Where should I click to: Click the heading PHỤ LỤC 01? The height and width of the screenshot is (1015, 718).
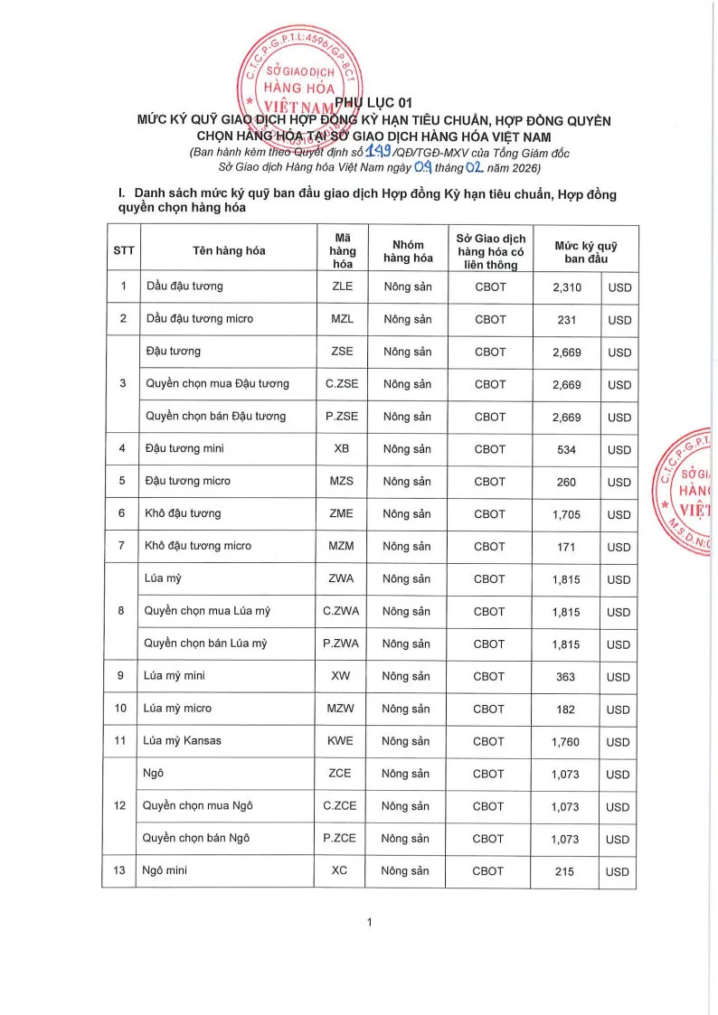[373, 103]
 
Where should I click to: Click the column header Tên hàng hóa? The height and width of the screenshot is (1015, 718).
[229, 250]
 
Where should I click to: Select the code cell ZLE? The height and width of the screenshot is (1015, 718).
[343, 287]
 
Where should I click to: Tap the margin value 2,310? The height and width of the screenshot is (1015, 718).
[566, 287]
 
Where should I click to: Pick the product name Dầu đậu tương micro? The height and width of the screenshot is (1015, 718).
[200, 319]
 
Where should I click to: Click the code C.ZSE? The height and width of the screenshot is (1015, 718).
[343, 384]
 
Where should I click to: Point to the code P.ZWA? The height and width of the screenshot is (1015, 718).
[341, 644]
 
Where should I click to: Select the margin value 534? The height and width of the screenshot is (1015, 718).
[566, 449]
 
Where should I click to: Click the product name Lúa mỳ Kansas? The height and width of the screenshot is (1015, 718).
[183, 741]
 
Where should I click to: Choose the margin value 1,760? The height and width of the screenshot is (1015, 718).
[566, 742]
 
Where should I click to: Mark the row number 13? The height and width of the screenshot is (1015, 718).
[121, 871]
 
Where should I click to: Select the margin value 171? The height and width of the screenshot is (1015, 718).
[566, 547]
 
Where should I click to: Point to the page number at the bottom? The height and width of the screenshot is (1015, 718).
[371, 923]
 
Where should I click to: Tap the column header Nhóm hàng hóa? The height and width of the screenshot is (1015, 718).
[409, 250]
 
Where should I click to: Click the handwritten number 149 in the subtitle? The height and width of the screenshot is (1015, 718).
[385, 152]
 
